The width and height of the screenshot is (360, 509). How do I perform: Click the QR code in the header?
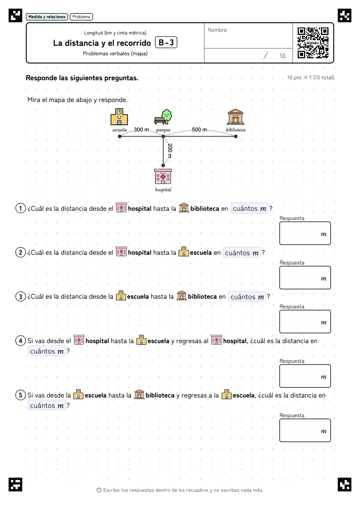point(313,43)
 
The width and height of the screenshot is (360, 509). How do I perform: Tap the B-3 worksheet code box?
point(166,42)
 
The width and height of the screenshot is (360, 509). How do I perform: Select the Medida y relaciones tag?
point(47,17)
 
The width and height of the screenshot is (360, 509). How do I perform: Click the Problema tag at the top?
point(81,17)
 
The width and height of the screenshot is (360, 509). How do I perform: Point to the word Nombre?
point(217,30)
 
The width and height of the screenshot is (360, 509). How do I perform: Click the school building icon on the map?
point(119,117)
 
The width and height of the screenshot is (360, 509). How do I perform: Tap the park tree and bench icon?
point(163,117)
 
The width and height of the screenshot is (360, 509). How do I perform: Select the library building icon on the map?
point(235,117)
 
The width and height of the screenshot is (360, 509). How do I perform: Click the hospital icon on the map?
point(163,176)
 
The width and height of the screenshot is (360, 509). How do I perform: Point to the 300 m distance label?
point(141,130)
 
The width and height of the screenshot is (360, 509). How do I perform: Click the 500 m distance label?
point(199,130)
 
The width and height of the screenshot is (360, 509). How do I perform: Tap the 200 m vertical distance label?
point(170,151)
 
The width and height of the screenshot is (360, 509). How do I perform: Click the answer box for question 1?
point(305,233)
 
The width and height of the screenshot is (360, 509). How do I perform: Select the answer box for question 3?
point(305,322)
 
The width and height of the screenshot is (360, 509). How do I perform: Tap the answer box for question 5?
point(305,430)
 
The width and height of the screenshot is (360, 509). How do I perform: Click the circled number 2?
point(21,253)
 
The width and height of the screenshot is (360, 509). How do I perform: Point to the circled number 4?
point(21,341)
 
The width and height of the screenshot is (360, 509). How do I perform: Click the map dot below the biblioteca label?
point(235,136)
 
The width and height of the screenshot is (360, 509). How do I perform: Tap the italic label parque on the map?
point(163,130)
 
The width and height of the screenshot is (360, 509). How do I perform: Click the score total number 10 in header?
point(282,56)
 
